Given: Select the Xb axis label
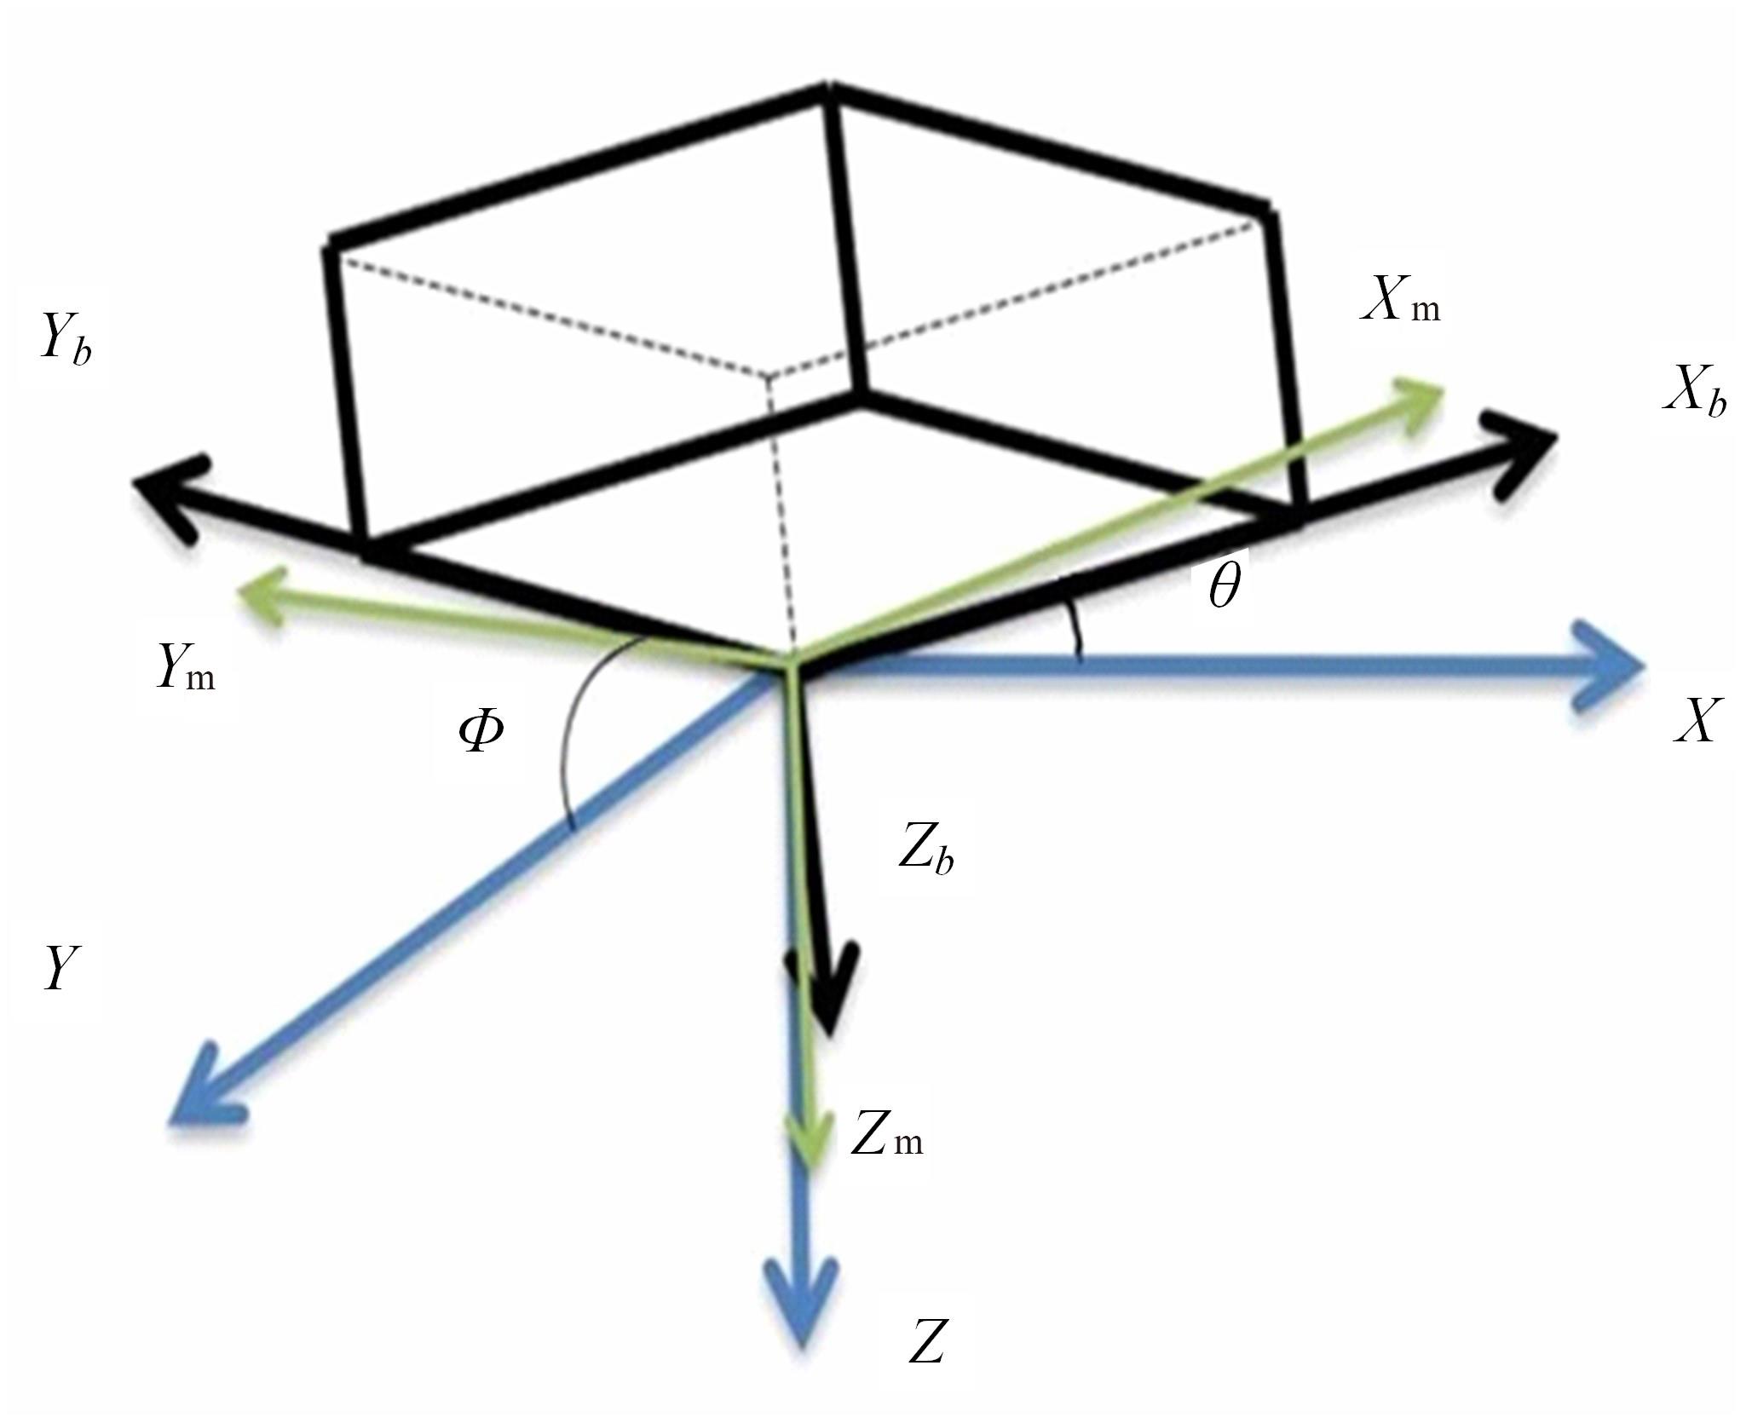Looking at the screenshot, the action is [1694, 395].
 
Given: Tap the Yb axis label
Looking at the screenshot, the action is [64, 339].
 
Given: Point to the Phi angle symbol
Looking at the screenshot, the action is [481, 731].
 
